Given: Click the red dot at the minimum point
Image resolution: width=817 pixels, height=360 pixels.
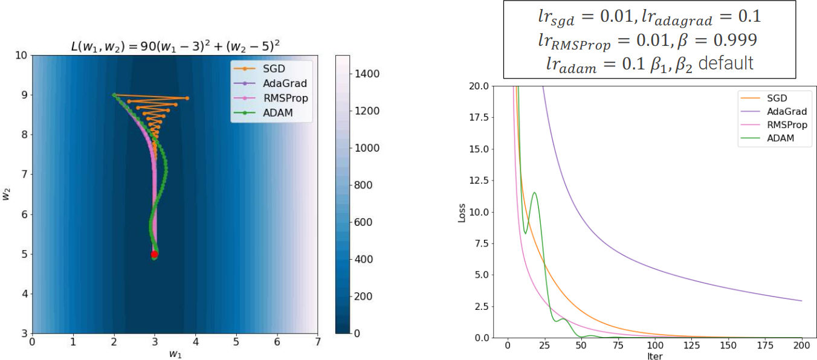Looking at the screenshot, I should click(x=155, y=254).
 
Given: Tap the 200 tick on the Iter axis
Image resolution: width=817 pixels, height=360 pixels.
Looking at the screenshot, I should click(x=801, y=347).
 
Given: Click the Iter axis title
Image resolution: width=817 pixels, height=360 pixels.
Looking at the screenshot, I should click(x=654, y=356).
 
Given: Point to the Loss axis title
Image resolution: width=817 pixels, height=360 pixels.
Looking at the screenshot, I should click(x=462, y=211).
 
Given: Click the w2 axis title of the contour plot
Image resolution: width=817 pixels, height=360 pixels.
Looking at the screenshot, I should click(x=8, y=194).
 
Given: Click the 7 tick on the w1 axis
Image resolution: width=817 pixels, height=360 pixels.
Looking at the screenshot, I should click(x=318, y=342).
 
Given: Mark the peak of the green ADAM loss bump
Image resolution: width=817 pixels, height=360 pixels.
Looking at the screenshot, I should click(x=534, y=193).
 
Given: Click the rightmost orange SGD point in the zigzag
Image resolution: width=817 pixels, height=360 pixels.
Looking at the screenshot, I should click(x=187, y=98).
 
